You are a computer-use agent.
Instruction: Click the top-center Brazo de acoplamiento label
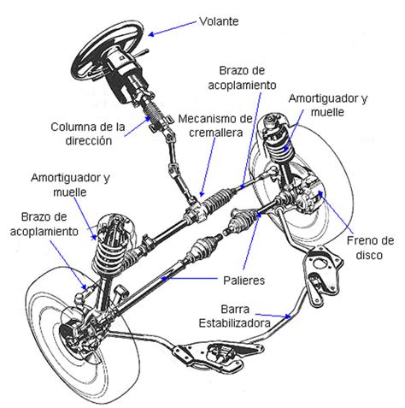pyautogui.click(x=240, y=79)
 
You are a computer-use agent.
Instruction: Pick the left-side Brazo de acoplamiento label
pyautogui.click(x=41, y=224)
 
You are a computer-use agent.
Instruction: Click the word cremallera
pyautogui.click(x=214, y=142)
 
